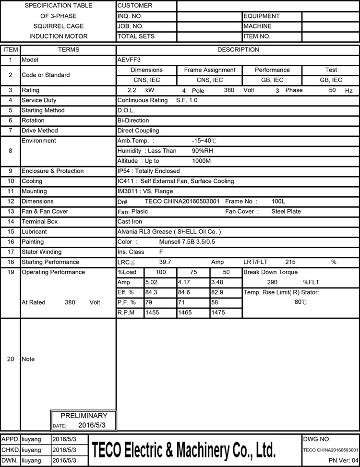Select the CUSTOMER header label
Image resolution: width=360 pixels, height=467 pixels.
[x=135, y=6]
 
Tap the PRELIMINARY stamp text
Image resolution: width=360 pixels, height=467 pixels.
[x=84, y=416]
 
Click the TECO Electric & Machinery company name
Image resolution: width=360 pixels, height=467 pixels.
[x=183, y=450]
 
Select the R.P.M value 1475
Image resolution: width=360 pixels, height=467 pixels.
[x=219, y=312]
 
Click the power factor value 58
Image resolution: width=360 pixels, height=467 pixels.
[x=215, y=302]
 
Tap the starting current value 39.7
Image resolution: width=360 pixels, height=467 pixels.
[x=165, y=262]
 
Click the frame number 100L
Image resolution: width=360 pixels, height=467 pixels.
[x=278, y=202]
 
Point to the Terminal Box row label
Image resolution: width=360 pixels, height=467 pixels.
[x=39, y=222]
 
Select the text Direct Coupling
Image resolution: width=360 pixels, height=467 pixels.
[x=138, y=131]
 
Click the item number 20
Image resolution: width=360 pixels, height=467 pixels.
[x=11, y=359]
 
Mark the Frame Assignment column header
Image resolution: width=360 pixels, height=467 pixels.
[x=210, y=70]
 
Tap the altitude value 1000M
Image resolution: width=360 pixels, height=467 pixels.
[x=202, y=161]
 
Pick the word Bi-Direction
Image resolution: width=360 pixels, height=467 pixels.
[x=133, y=120]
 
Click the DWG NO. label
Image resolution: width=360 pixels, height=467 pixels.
[x=317, y=439]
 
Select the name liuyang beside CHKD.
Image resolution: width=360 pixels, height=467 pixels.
[x=32, y=450]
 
